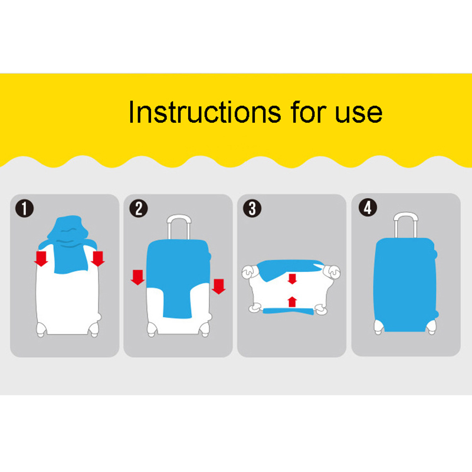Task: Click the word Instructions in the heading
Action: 205,112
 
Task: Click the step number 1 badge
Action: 24,208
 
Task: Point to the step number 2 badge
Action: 139,208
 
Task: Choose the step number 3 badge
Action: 253,208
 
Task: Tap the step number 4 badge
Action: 368,208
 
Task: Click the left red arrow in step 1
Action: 41,258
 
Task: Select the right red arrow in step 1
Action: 98,258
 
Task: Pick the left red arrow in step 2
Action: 137,277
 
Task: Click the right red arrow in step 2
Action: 218,286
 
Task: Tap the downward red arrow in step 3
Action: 292,278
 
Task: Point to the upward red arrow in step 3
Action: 292,301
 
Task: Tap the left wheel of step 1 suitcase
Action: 41,329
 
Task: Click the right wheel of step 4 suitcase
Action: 431,327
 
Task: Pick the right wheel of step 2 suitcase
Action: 205,329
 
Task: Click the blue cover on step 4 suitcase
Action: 405,284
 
